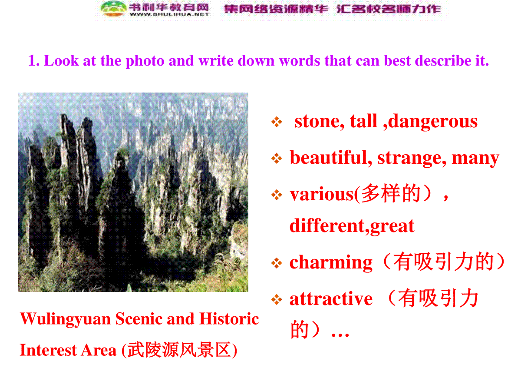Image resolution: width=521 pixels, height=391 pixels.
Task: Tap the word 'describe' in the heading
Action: coord(443,60)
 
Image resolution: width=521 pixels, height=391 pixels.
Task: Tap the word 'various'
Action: coord(322,195)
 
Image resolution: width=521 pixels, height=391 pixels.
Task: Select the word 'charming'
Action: coord(331,263)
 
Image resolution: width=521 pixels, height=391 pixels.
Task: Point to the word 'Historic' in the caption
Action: coord(229,318)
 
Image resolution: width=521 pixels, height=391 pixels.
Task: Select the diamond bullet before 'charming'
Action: coord(277,263)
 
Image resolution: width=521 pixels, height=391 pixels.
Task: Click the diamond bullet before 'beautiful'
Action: coord(277,158)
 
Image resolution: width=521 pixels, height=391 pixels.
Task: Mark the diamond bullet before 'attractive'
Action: coord(277,299)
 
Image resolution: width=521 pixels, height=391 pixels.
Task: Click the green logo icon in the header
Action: coord(113,9)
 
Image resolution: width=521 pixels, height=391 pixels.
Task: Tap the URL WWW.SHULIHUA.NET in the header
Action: coord(169,14)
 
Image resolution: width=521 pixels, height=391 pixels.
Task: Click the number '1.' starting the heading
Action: coord(34,61)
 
